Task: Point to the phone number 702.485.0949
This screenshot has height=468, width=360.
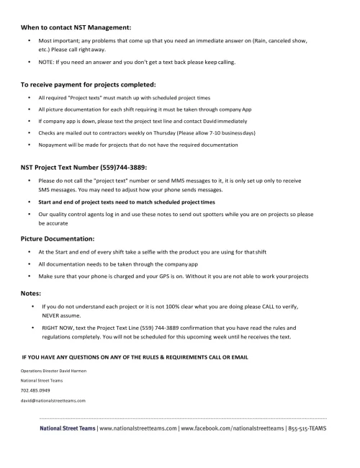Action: [x=35, y=390]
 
